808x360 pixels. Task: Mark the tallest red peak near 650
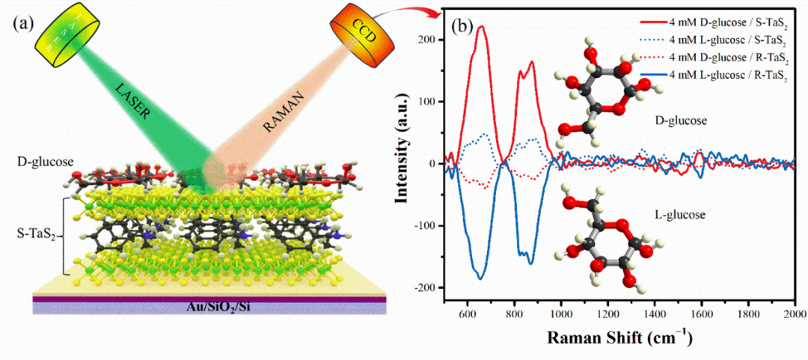point(482,27)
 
